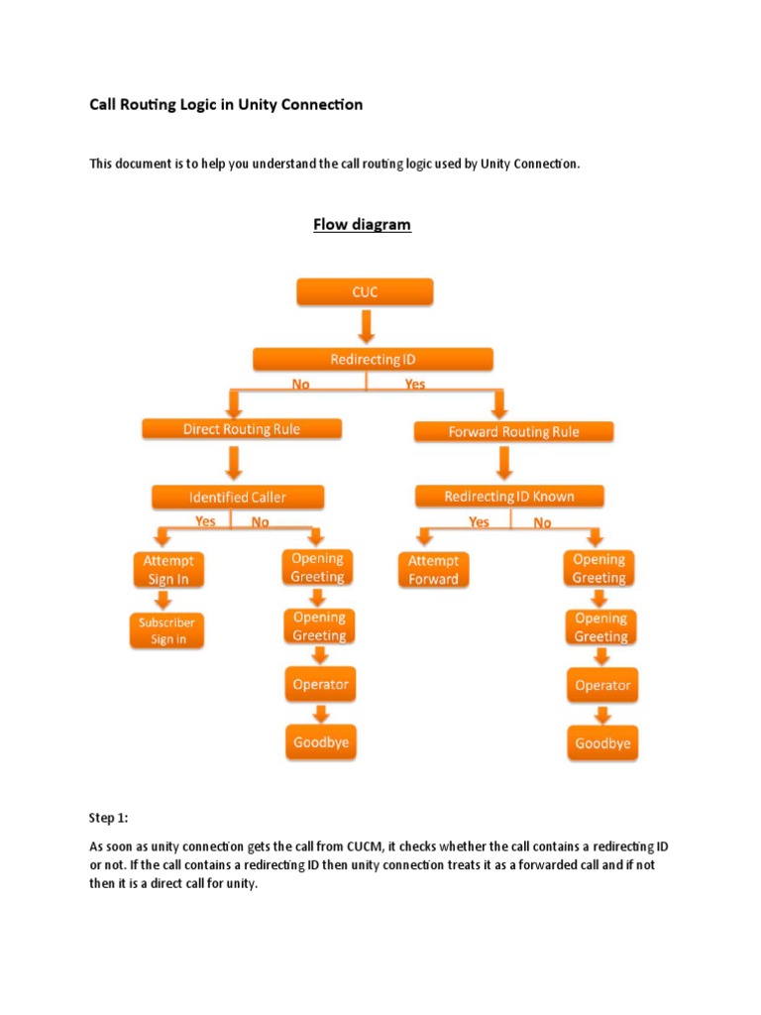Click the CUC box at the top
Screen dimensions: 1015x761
365,292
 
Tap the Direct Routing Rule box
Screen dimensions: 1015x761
242,429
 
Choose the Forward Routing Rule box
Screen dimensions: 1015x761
511,432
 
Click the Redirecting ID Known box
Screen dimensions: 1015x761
509,496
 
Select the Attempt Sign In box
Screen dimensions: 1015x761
168,570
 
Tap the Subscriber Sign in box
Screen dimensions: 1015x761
167,630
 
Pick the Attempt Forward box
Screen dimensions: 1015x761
433,570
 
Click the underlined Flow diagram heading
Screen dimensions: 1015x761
362,225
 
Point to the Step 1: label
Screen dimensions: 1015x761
109,818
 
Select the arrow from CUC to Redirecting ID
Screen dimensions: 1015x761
366,325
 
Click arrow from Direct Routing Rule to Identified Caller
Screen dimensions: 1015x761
236,463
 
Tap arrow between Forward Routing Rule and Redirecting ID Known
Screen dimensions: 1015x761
505,463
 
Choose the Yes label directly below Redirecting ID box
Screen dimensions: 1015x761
415,384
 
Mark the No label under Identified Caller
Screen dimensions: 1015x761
260,521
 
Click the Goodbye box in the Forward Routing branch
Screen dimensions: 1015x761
602,743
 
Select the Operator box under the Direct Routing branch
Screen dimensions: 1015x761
320,684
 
